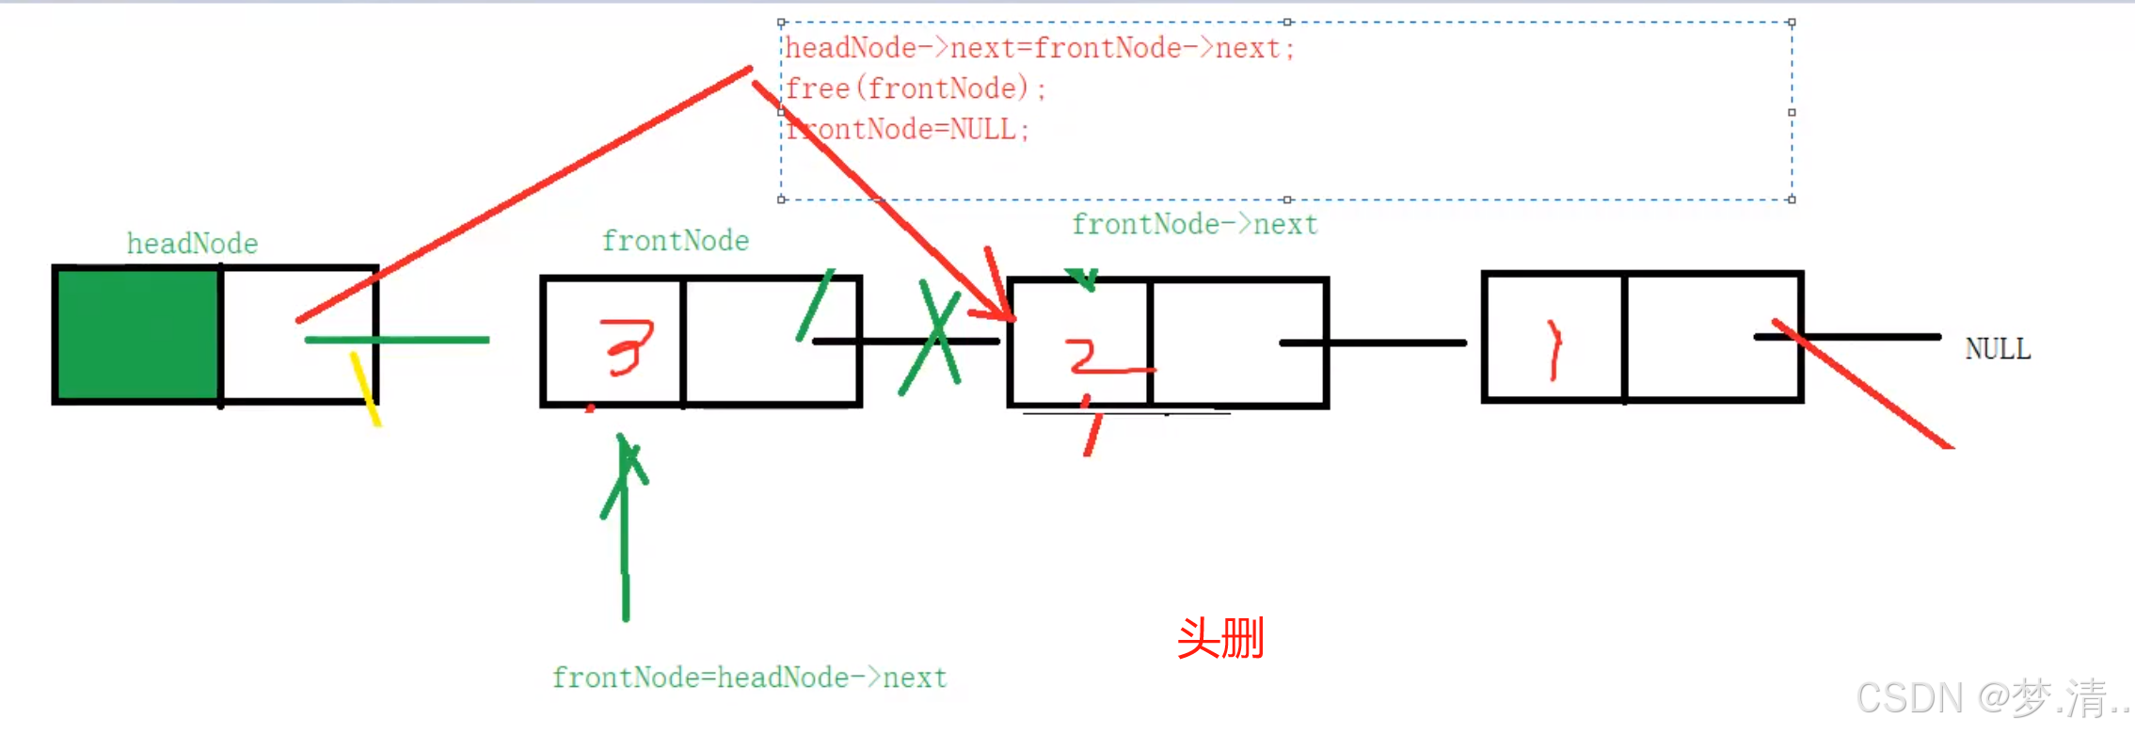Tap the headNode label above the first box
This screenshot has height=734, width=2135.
[192, 244]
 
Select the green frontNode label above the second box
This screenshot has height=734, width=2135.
[675, 241]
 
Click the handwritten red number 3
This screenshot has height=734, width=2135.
[629, 346]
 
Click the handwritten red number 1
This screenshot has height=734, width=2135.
[1553, 350]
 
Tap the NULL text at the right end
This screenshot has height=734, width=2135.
[1997, 349]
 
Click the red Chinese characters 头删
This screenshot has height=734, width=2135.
[1219, 639]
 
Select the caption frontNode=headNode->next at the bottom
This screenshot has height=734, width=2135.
[749, 678]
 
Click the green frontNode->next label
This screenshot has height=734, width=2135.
[1194, 225]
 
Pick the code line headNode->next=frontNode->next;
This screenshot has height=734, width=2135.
[1039, 48]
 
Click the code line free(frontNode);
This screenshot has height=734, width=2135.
[915, 88]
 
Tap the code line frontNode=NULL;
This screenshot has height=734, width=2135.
[907, 129]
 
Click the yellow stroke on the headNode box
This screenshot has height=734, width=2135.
[365, 389]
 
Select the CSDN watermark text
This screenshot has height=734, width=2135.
[1990, 698]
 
